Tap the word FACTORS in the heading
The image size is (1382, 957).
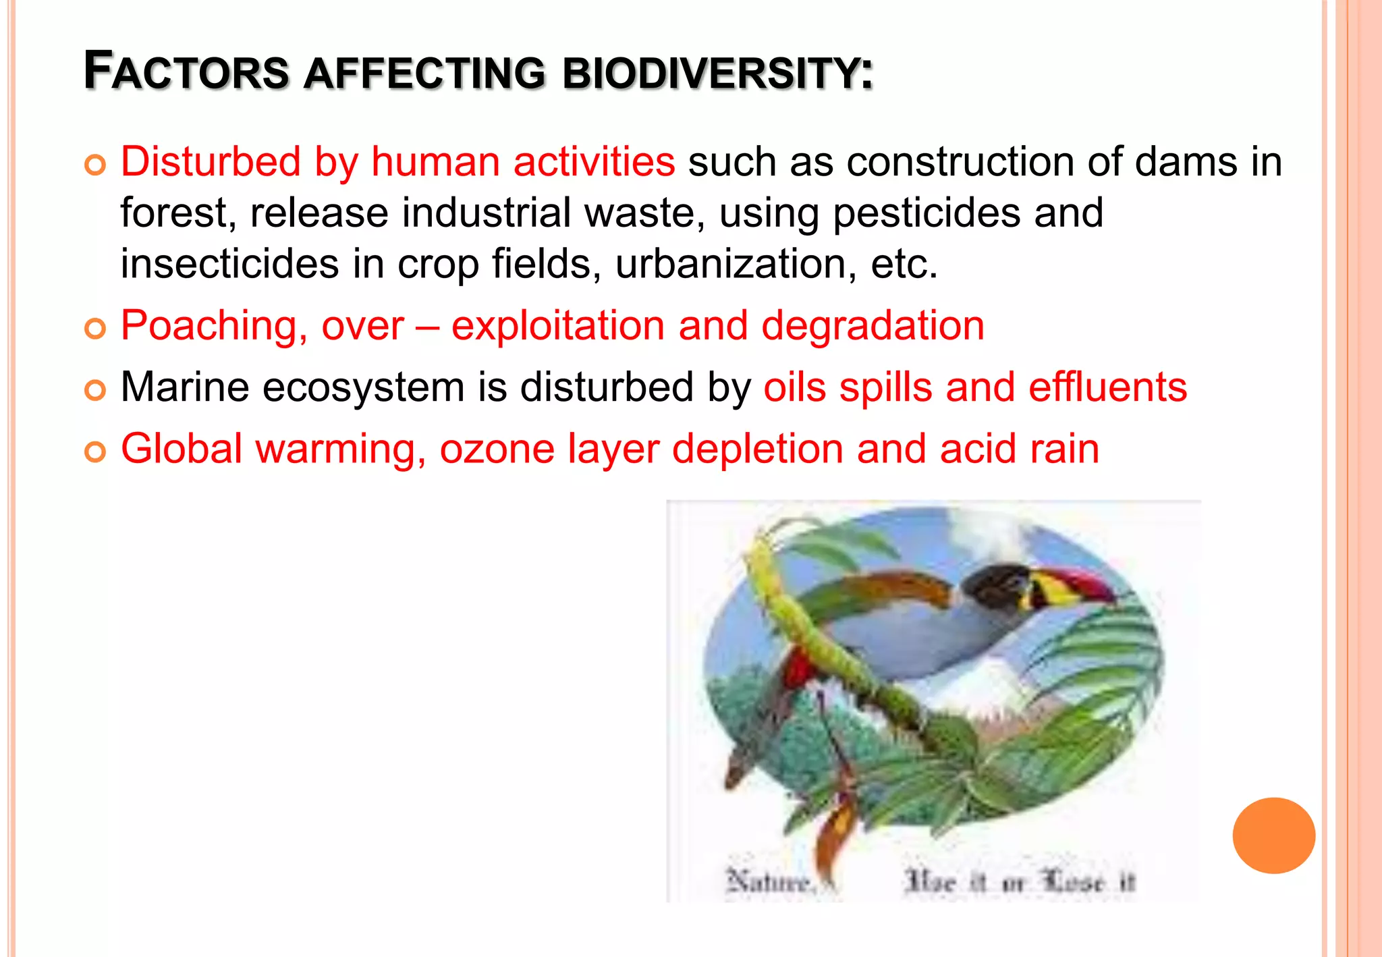pyautogui.click(x=186, y=72)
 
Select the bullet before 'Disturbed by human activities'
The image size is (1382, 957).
pyautogui.click(x=95, y=165)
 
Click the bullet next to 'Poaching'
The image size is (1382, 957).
pyautogui.click(x=95, y=329)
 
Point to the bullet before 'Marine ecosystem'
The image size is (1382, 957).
pyautogui.click(x=95, y=390)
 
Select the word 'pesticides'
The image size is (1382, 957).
pyautogui.click(x=927, y=213)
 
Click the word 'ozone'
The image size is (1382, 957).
pyautogui.click(x=497, y=449)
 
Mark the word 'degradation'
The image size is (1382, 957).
pyautogui.click(x=873, y=326)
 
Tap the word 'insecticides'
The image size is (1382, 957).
pyautogui.click(x=229, y=264)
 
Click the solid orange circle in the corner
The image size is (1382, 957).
pyautogui.click(x=1273, y=836)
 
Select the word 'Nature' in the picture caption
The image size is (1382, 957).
pyautogui.click(x=768, y=881)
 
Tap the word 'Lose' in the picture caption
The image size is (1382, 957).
pyautogui.click(x=1074, y=881)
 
